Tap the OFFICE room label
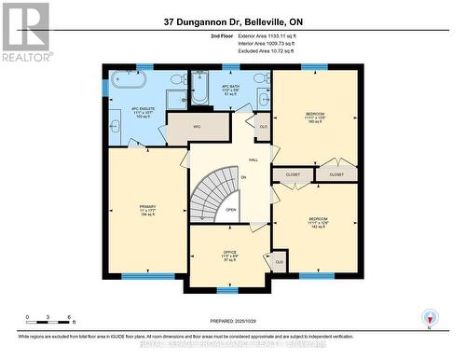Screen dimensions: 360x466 tap(229, 255)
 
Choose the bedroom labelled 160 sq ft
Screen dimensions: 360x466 tap(314, 118)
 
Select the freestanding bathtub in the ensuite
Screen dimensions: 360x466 tap(128, 80)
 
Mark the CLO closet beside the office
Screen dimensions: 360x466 tap(280, 263)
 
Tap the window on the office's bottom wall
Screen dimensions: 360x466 tap(228, 291)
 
